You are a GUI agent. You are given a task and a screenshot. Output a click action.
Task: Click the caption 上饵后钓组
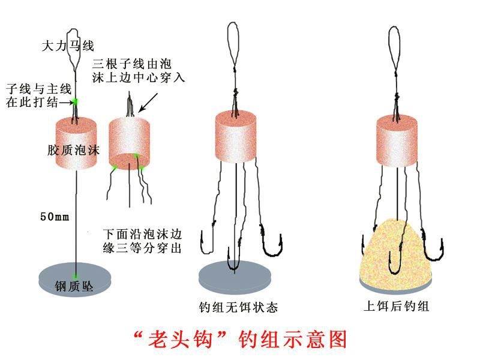(x=397, y=306)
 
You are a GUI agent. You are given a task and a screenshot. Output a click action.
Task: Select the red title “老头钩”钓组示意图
(x=239, y=340)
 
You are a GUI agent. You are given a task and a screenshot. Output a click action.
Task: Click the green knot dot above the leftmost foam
(x=76, y=100)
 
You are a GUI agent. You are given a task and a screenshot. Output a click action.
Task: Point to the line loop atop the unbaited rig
(x=235, y=45)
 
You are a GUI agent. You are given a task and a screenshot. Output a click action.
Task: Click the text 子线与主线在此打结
(x=32, y=95)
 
